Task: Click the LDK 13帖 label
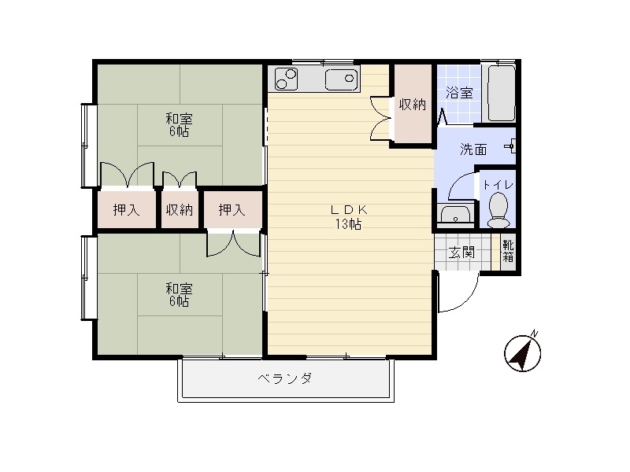tap(348, 217)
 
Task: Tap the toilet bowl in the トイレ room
tap(498, 210)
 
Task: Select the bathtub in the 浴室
tap(501, 93)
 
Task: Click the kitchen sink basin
tap(342, 80)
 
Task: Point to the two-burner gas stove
tap(286, 79)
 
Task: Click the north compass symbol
tap(522, 352)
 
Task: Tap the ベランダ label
tap(285, 378)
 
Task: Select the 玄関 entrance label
tap(461, 253)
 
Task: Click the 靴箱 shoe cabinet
tap(508, 251)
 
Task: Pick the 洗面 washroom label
tap(473, 149)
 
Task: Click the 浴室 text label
tap(459, 93)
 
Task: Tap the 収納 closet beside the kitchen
tap(413, 104)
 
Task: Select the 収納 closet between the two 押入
tap(180, 209)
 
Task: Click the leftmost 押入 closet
tap(126, 209)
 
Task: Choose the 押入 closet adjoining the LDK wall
tap(232, 209)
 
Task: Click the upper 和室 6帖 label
tap(179, 125)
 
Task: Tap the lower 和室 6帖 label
tap(179, 295)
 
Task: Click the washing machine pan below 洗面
tap(456, 213)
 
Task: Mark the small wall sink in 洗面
tap(510, 146)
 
